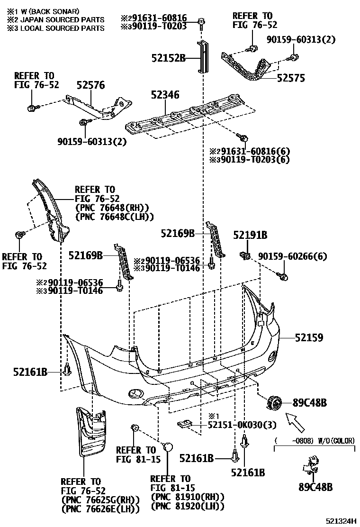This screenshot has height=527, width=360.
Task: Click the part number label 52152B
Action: coord(168,58)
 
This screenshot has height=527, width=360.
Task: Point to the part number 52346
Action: coord(165,95)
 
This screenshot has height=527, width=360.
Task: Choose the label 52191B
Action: coord(250,235)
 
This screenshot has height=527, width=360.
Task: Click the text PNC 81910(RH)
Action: coord(187,496)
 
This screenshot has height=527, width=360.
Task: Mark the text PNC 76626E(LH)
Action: coord(100,509)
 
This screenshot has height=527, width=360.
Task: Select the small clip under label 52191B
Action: coord(245,255)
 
